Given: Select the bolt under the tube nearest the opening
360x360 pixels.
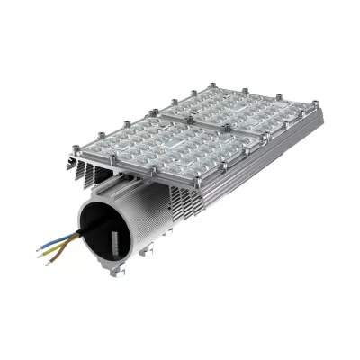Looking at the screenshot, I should pyautogui.click(x=112, y=272).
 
